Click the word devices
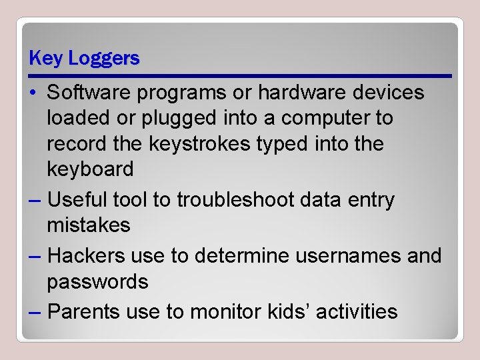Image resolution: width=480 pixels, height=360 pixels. click(x=388, y=93)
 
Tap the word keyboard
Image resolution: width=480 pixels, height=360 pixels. click(x=90, y=169)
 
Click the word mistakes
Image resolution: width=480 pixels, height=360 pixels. click(x=89, y=225)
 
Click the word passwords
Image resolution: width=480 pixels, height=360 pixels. click(x=97, y=281)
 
